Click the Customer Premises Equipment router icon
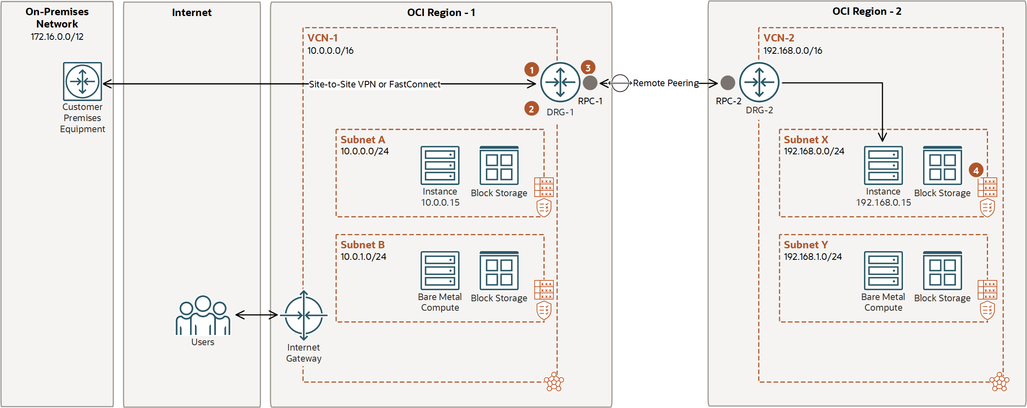coord(83,81)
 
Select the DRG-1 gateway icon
coord(560,82)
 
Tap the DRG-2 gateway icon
coord(759,82)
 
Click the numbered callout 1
coord(532,69)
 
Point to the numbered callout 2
coord(532,109)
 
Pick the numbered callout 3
coord(588,67)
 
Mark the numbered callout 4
coord(976,170)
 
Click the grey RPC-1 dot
coord(590,83)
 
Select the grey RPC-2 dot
coord(728,83)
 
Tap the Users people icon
coord(203,315)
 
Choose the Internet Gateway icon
coord(304,315)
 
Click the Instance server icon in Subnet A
coord(440,165)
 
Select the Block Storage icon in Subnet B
coord(499,271)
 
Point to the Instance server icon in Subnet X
coord(883,165)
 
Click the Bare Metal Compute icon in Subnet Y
coord(883,271)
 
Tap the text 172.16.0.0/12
coord(57,37)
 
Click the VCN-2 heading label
coord(779,38)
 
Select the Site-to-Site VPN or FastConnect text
coord(374,84)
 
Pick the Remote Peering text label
coord(666,83)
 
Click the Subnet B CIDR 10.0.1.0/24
coord(363,257)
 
